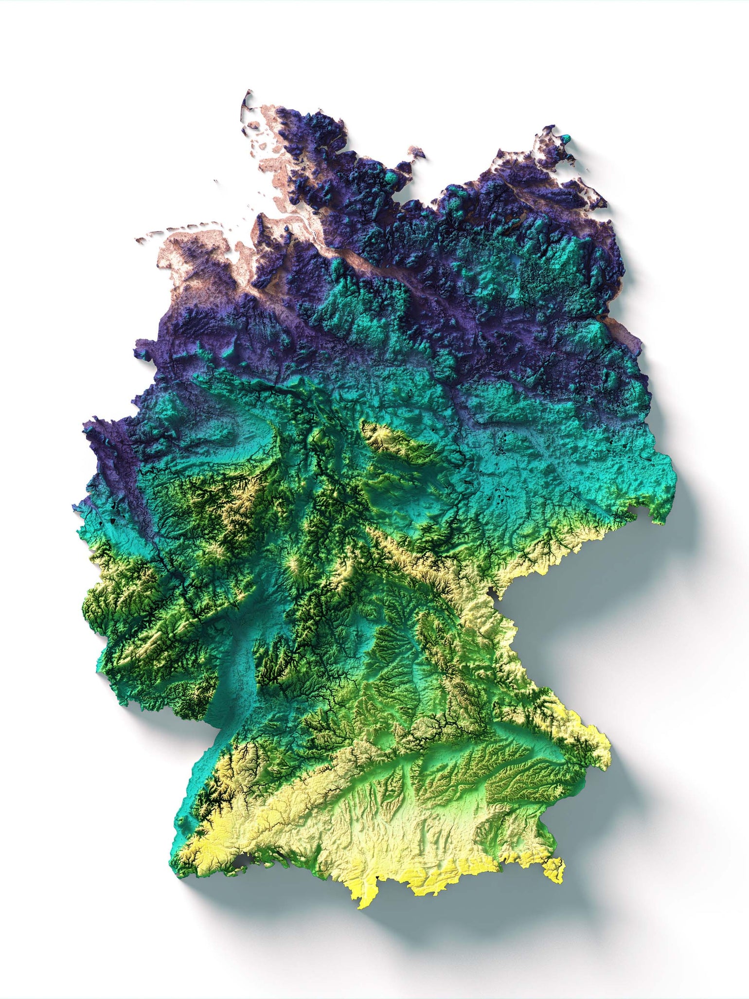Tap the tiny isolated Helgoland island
tap(215, 182)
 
